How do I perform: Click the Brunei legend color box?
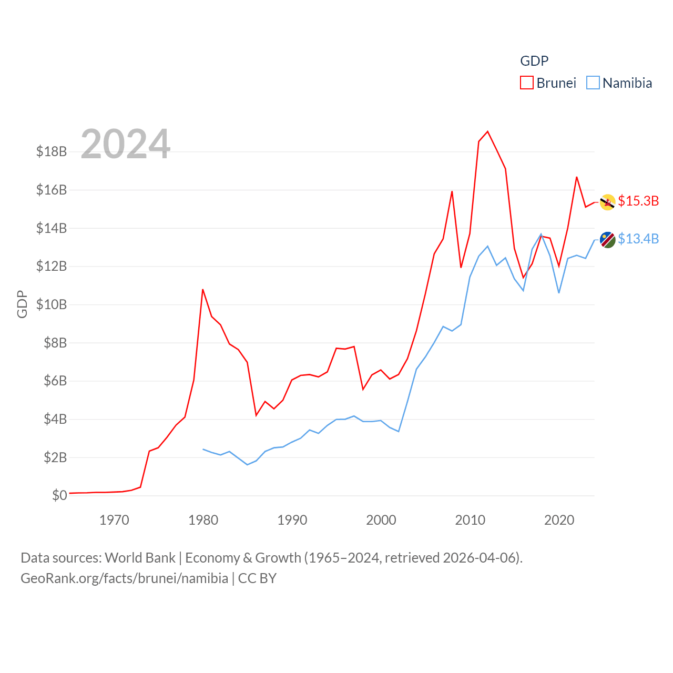pyautogui.click(x=527, y=83)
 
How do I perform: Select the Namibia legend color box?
pyautogui.click(x=593, y=83)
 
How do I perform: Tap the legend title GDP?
pyautogui.click(x=534, y=61)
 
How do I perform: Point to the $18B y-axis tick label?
pyautogui.click(x=52, y=152)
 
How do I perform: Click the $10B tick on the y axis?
pyautogui.click(x=52, y=304)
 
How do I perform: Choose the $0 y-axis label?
pyautogui.click(x=59, y=495)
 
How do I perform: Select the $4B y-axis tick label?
pyautogui.click(x=55, y=419)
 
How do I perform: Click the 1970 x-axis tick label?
pyautogui.click(x=114, y=521)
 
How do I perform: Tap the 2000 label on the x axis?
pyautogui.click(x=381, y=521)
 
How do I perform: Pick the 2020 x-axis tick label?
pyautogui.click(x=559, y=521)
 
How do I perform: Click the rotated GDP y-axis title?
pyautogui.click(x=22, y=304)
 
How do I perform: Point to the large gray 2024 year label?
pyautogui.click(x=126, y=144)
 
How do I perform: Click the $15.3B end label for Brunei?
pyautogui.click(x=638, y=201)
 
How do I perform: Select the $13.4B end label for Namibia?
pyautogui.click(x=638, y=239)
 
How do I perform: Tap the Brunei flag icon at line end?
pyautogui.click(x=608, y=202)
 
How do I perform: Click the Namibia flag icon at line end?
pyautogui.click(x=608, y=240)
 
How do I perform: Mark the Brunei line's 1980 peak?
pyautogui.click(x=203, y=289)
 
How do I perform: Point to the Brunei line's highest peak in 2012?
pyautogui.click(x=488, y=131)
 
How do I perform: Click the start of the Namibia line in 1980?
pyautogui.click(x=203, y=449)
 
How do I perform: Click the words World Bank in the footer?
pyautogui.click(x=140, y=558)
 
